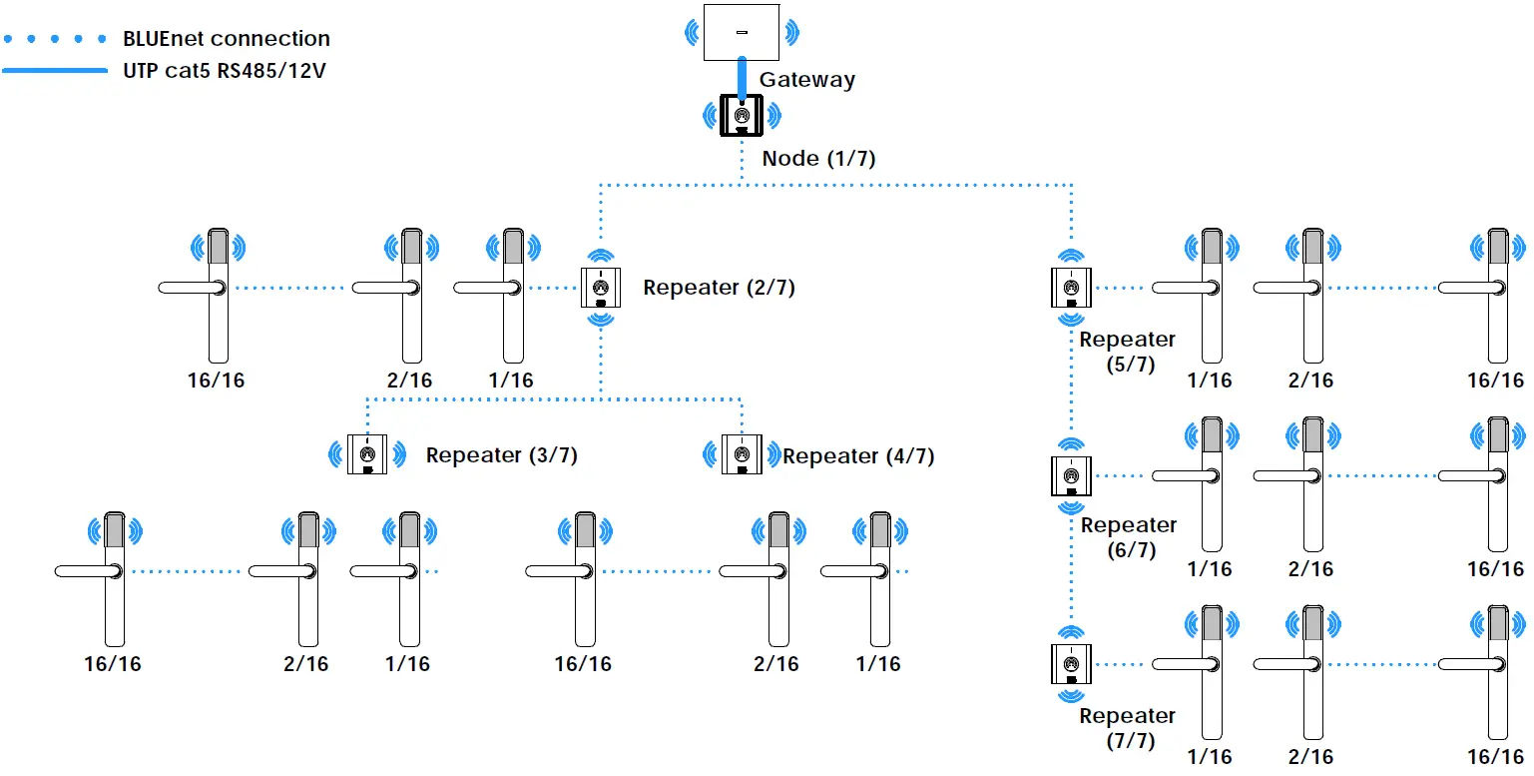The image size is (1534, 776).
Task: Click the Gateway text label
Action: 806,80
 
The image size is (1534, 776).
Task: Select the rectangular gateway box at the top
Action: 741,33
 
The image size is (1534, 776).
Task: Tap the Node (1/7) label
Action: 818,158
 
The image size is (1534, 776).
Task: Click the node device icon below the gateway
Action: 742,115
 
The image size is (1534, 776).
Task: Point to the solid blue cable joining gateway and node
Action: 742,77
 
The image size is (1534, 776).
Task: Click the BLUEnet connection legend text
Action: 226,39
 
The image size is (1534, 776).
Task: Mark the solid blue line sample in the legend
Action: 54,71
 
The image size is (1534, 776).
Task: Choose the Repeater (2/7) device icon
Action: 601,288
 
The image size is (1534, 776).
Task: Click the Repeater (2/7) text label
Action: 719,288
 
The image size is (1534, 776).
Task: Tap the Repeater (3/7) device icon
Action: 367,455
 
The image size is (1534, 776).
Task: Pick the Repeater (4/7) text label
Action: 858,456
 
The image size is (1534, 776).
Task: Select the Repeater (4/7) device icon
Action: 742,455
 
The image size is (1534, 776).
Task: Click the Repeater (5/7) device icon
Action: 1071,288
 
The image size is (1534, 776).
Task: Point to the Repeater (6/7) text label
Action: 1129,536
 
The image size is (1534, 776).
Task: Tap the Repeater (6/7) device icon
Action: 1071,475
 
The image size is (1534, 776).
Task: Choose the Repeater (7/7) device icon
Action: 1071,664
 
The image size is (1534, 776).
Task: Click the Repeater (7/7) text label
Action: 1128,727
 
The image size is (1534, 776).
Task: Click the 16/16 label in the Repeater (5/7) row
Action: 1495,381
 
